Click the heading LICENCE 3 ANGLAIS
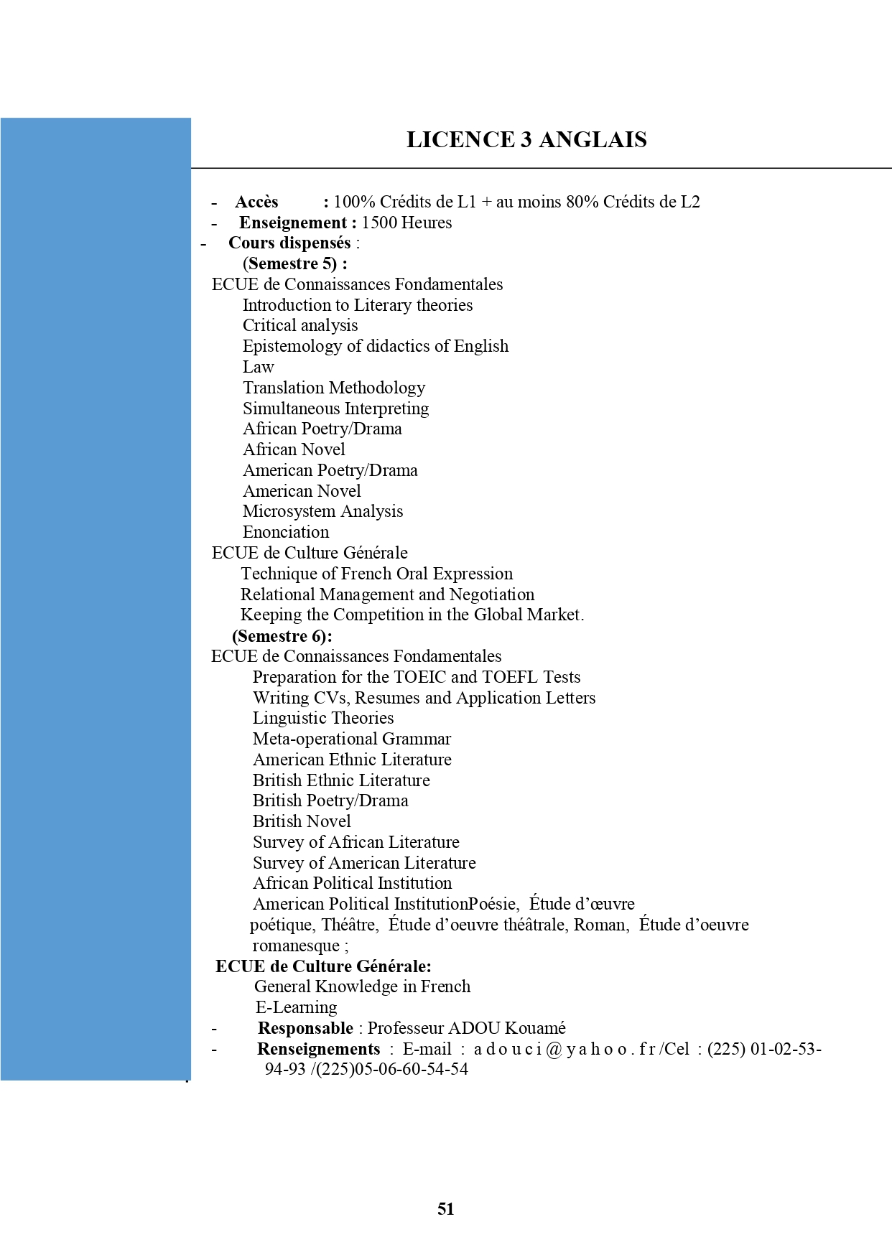pyautogui.click(x=526, y=139)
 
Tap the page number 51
pyautogui.click(x=445, y=1209)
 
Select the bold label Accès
pyautogui.click(x=256, y=202)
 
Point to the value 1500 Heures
pyautogui.click(x=406, y=223)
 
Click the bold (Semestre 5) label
pyautogui.click(x=294, y=263)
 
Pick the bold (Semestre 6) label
pyautogui.click(x=282, y=636)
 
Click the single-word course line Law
pyautogui.click(x=258, y=367)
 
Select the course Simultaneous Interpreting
pyautogui.click(x=335, y=409)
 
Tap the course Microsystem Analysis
pyautogui.click(x=322, y=511)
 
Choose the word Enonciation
pyautogui.click(x=286, y=532)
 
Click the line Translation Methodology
pyautogui.click(x=334, y=388)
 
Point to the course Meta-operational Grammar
pyautogui.click(x=352, y=739)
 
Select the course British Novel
pyautogui.click(x=302, y=821)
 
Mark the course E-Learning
pyautogui.click(x=296, y=1007)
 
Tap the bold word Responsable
pyautogui.click(x=305, y=1028)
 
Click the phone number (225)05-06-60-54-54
pyautogui.click(x=391, y=1069)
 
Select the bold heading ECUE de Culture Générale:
pyautogui.click(x=323, y=966)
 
